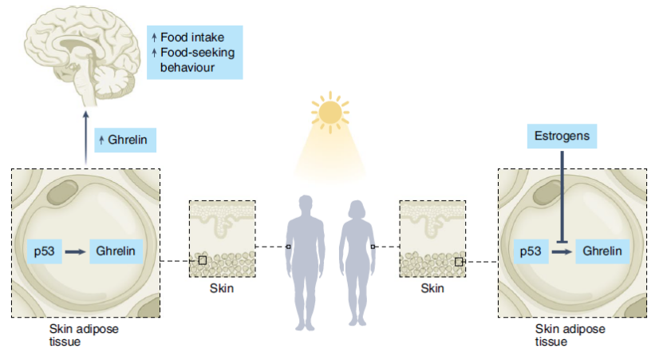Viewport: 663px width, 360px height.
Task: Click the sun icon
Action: coord(330,112)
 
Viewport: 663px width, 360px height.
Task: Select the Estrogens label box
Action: coord(562,136)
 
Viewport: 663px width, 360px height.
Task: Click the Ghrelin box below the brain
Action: coord(125,140)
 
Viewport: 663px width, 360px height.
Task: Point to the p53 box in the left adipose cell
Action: coord(45,251)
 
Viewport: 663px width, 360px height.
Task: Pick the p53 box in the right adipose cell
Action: coord(531,251)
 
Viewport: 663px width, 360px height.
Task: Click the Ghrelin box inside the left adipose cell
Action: coord(116,251)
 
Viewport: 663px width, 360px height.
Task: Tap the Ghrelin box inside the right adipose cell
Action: coord(602,251)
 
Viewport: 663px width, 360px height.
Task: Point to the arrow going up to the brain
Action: coord(86,137)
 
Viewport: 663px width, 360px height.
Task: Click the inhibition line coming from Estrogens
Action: coord(562,197)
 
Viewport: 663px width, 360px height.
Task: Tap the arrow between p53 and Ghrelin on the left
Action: coord(75,251)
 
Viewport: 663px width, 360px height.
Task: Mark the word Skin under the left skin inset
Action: coord(222,288)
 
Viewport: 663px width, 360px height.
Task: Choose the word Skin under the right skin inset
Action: coord(432,288)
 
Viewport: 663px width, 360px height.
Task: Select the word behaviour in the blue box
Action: coord(187,68)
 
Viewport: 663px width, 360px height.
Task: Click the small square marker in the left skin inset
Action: coord(203,260)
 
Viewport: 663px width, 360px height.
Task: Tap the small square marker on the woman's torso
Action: coord(373,247)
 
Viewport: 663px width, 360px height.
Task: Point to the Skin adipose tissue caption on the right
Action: coord(570,335)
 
